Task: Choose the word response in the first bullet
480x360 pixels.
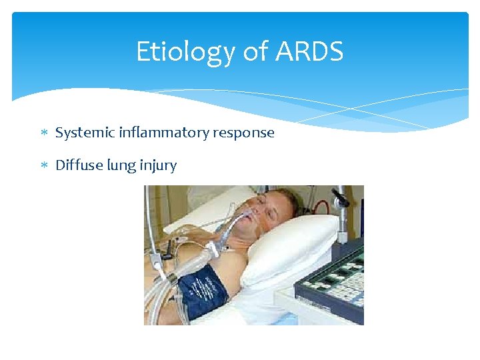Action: point(243,133)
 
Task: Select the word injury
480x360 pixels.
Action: point(158,166)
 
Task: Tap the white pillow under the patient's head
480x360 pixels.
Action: point(300,247)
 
